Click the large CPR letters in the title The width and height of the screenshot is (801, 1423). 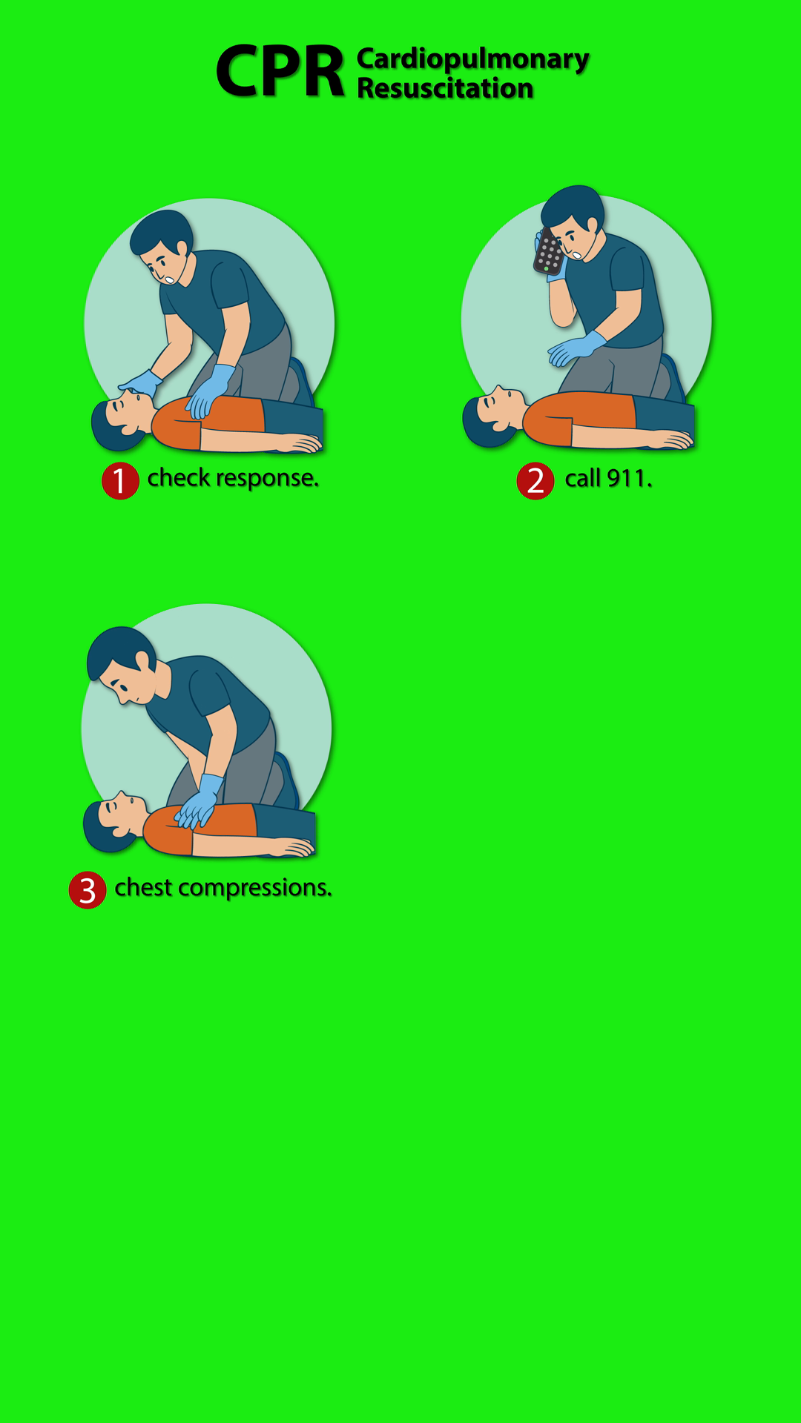pos(280,71)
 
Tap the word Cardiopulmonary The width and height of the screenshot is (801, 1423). pos(473,59)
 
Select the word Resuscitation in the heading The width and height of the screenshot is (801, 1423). pos(445,88)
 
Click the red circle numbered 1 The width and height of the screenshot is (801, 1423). pos(120,481)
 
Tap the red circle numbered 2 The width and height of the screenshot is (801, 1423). pos(535,481)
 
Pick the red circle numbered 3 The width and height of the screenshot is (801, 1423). pos(88,890)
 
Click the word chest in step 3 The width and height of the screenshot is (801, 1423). pos(144,887)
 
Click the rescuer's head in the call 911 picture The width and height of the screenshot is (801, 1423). pos(573,221)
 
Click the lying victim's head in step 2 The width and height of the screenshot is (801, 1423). pos(491,417)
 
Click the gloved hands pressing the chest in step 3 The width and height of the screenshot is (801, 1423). pos(199,803)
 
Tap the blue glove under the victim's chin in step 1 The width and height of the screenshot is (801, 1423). pos(142,383)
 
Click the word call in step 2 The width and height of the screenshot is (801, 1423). pos(583,479)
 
